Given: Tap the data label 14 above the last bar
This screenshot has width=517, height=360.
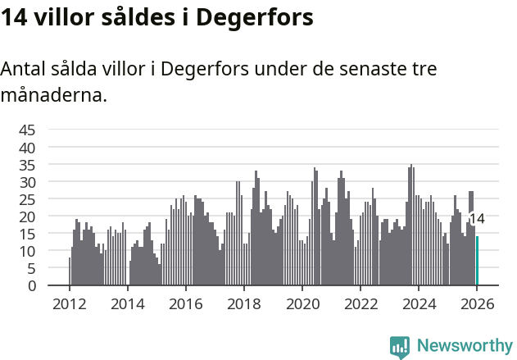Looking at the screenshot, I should point(477,219).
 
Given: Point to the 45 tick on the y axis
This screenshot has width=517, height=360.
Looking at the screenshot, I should point(27,130).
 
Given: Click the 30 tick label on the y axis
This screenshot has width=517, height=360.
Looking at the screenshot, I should point(27,182).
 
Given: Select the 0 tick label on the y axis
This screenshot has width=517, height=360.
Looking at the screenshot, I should point(32,286).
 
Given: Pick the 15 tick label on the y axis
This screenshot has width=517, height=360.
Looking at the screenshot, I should point(27,234).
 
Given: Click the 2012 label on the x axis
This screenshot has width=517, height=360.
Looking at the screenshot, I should point(69,303).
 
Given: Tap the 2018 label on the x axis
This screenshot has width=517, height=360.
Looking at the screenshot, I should point(243,303).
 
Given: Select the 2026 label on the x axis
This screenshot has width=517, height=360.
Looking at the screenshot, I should point(477,303).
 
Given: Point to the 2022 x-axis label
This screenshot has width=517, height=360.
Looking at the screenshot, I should point(360,303).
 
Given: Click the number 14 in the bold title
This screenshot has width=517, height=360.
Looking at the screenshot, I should point(15,18).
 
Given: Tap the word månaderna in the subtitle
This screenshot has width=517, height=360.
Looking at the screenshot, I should point(54,96).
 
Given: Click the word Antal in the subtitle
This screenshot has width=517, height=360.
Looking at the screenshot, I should point(24,70).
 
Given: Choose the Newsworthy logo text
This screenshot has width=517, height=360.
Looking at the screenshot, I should point(465,345).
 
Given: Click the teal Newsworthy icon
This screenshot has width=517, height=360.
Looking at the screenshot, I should point(400,346).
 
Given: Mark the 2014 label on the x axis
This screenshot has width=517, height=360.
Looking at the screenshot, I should point(127,303).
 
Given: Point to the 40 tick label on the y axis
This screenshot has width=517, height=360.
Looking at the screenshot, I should point(27,148).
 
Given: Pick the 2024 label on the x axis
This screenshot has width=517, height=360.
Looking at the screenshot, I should point(419,303).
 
